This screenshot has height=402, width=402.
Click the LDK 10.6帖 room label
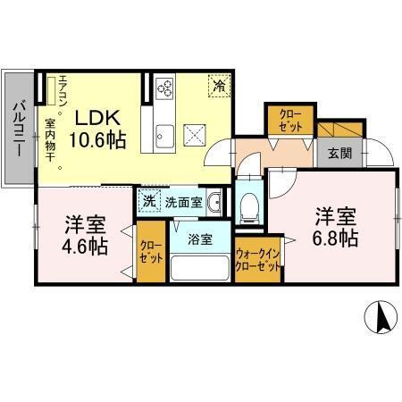[x=98, y=128]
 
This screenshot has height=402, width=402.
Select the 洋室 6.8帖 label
[x=334, y=227]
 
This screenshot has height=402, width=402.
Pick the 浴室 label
[x=200, y=239]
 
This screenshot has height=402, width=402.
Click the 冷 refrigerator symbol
[x=218, y=86]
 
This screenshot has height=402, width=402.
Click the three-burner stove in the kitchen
[x=166, y=88]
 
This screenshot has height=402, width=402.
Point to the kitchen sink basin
[x=164, y=136]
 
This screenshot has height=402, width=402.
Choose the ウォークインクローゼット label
[x=258, y=260]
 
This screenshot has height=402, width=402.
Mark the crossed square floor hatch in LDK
[x=195, y=135]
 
